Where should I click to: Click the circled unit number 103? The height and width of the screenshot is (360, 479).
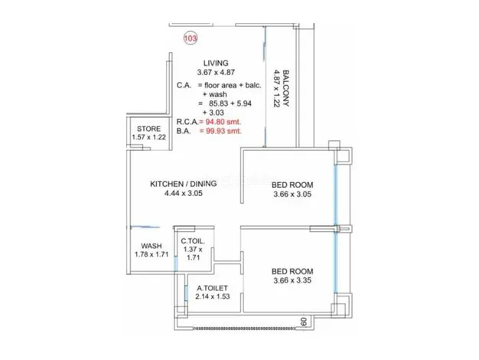191,38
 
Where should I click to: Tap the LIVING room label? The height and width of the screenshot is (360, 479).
216,63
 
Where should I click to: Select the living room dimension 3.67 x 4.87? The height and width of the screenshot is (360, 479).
216,73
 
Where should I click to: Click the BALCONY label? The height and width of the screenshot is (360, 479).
285,88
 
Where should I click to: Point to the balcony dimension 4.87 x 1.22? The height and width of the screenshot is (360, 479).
276,88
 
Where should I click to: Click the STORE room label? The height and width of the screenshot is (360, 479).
148,129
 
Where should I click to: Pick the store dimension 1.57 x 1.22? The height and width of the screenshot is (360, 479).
148,137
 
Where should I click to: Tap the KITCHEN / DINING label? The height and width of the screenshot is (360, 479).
184,184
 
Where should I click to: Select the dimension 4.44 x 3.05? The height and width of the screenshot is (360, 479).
184,193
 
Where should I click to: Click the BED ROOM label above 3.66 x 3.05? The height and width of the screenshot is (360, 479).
292,185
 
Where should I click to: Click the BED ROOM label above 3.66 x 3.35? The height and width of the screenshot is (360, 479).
292,271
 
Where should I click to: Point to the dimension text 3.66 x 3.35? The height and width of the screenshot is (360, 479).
292,280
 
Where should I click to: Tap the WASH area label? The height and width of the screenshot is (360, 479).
152,246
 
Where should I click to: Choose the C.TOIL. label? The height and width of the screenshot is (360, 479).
193,241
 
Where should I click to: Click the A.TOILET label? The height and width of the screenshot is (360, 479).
212,288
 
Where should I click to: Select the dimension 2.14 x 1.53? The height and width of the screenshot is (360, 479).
212,296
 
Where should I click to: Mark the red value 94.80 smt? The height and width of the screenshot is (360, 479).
223,122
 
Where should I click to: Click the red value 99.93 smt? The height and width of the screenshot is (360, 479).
223,131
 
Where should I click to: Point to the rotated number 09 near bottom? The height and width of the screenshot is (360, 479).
303,322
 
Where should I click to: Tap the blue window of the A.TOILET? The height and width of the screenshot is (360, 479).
186,293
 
